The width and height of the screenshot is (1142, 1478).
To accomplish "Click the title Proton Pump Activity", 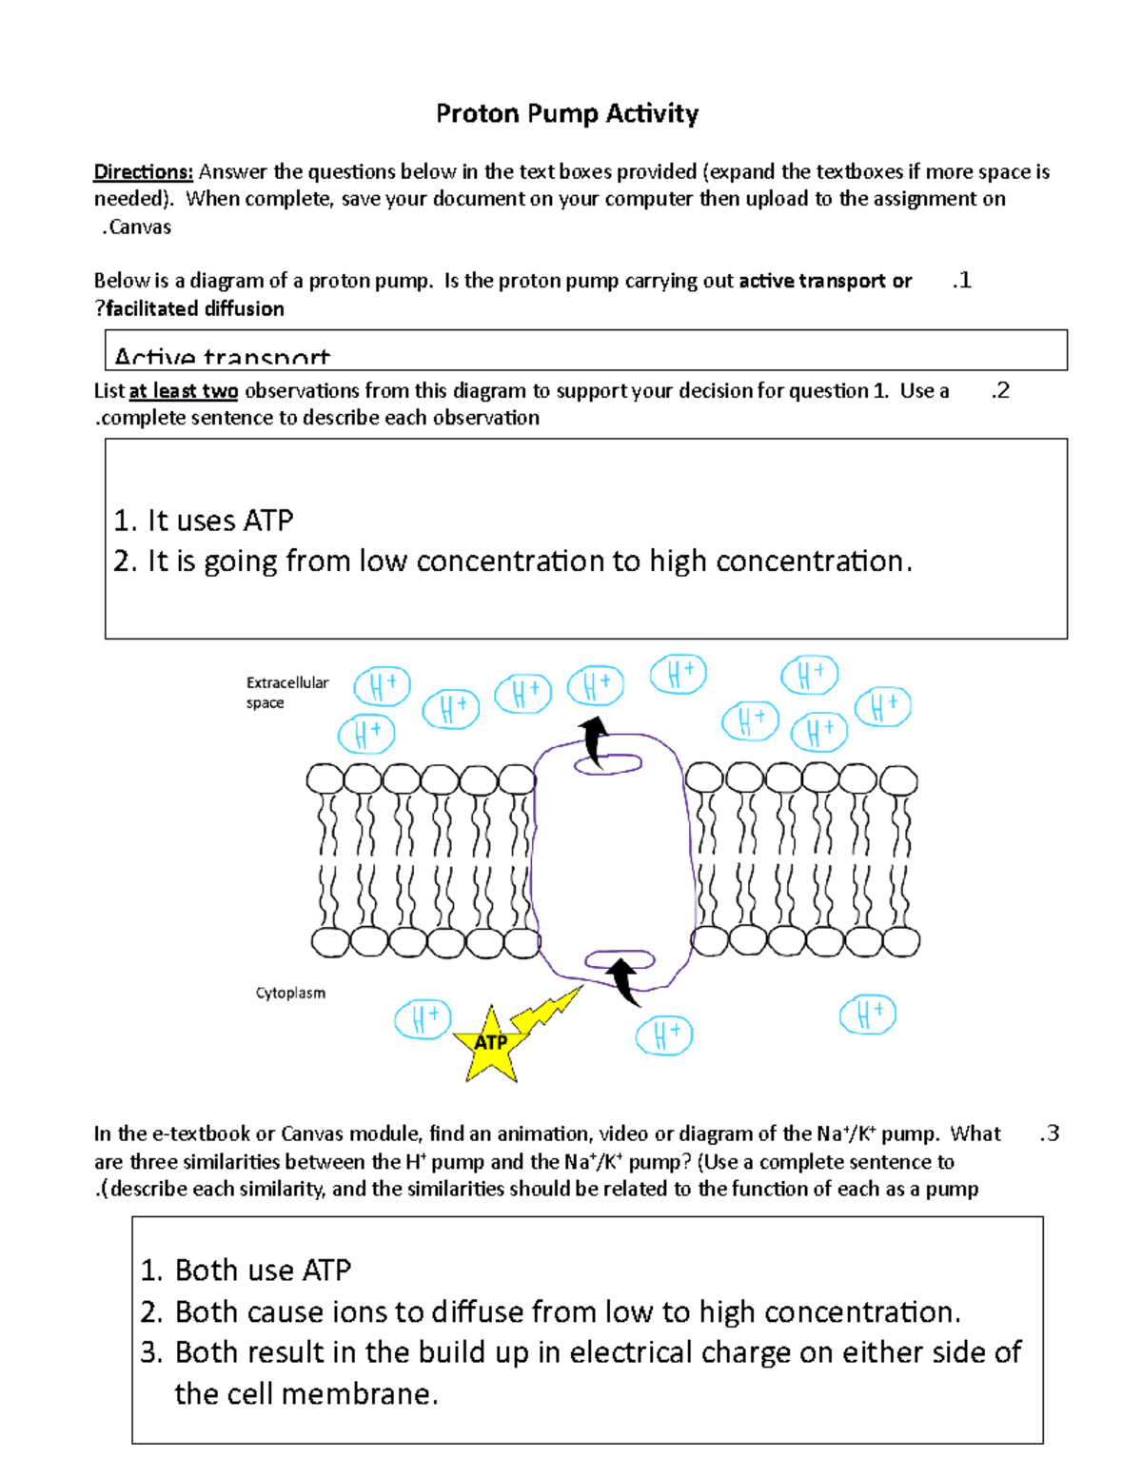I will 567,114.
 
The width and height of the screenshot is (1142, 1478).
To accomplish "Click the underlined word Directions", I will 143,172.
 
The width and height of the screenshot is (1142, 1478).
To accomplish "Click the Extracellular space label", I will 286,693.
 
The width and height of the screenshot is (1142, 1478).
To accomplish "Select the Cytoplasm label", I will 290,993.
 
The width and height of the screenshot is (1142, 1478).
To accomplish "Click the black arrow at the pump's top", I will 596,740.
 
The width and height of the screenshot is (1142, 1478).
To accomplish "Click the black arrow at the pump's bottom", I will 624,980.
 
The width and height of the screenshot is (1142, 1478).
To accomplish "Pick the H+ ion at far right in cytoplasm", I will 867,1015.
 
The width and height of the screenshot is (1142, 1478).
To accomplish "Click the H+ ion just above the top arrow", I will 596,685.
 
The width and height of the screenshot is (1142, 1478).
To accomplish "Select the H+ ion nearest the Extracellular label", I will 382,686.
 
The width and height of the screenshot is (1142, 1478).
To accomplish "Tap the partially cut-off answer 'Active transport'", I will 222,358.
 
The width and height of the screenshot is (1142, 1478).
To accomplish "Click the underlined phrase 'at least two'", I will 183,391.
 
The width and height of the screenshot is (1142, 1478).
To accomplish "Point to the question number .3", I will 1049,1133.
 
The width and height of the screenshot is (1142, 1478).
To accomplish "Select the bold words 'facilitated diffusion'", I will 194,309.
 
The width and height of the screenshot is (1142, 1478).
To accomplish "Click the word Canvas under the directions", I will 138,227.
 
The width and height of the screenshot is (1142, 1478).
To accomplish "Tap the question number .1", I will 961,281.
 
